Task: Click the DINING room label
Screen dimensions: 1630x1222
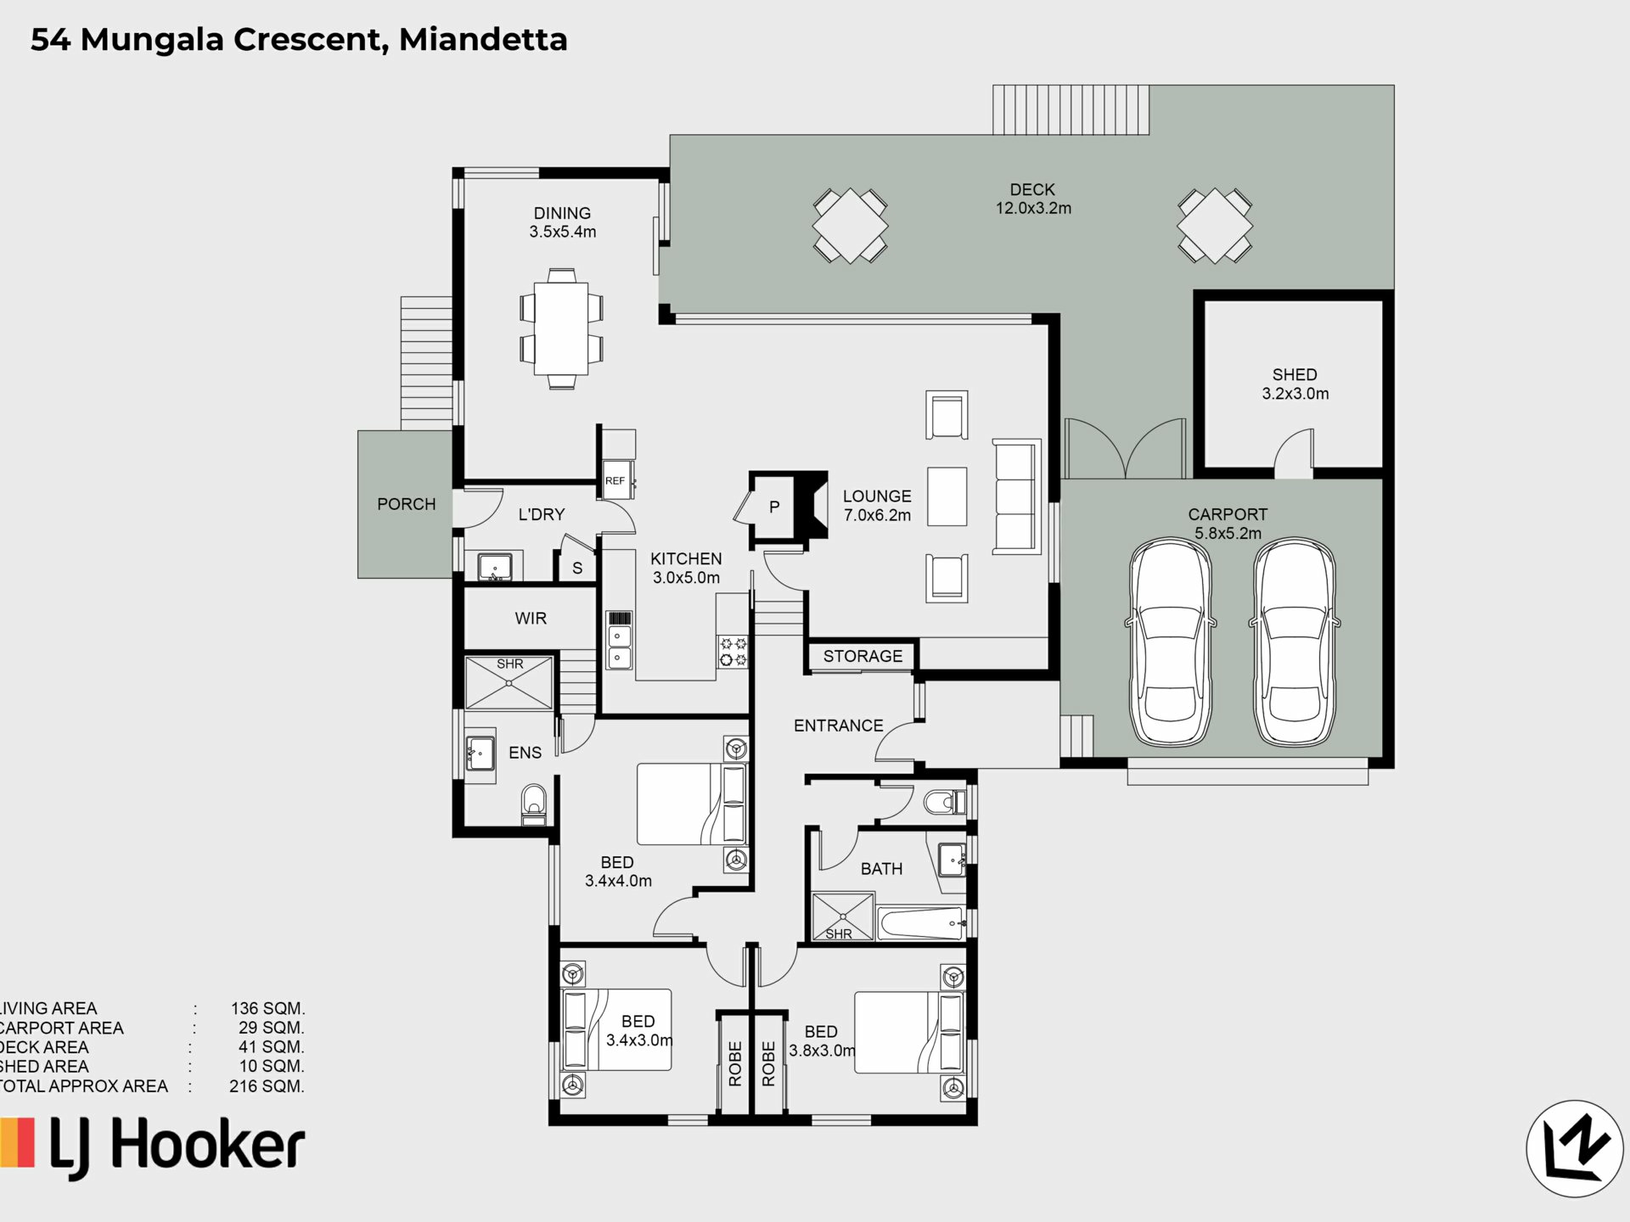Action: point(562,213)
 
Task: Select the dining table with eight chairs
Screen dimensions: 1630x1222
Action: point(561,328)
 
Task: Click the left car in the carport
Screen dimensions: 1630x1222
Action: point(1171,642)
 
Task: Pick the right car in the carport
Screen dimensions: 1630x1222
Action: point(1295,642)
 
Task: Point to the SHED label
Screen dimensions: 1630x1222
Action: point(1295,374)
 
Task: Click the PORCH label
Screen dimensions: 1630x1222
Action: point(407,504)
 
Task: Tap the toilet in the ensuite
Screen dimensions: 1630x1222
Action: point(534,804)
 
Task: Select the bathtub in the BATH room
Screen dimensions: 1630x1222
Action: point(921,923)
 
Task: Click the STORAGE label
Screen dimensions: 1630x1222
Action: point(863,656)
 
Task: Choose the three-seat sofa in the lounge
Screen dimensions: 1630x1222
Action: point(1016,497)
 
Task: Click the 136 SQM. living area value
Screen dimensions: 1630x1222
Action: point(267,1008)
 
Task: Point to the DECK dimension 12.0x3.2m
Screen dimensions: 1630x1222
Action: point(1033,208)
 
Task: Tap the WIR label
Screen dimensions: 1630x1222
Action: point(531,619)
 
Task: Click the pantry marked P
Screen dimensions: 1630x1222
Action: point(774,507)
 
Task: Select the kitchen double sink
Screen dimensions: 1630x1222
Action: point(620,646)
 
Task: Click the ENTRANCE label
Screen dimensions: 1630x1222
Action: point(839,726)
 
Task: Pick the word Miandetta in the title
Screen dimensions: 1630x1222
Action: point(483,40)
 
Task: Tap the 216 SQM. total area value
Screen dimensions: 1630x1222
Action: point(267,1086)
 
